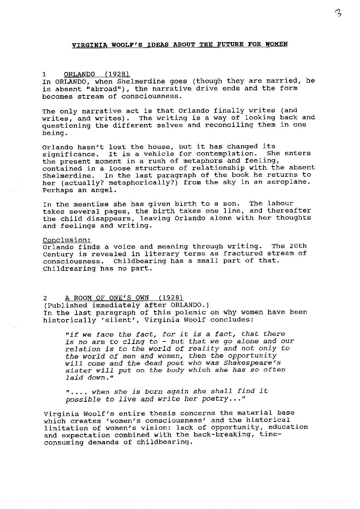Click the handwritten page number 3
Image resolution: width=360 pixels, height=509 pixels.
338,14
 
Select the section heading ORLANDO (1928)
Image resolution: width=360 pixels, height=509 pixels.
97,74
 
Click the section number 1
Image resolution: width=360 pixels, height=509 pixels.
44,74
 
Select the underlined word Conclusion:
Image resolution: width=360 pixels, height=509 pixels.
67,240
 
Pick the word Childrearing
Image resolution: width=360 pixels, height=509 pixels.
69,269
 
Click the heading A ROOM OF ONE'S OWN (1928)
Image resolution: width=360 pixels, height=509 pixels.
124,298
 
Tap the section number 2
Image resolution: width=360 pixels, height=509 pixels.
45,298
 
